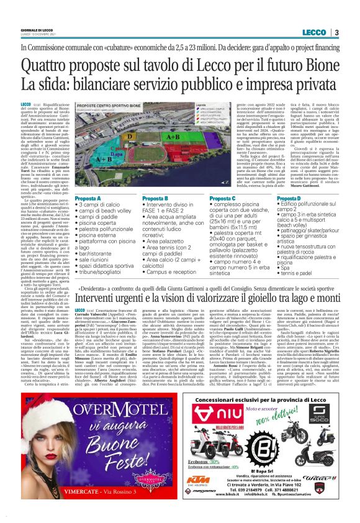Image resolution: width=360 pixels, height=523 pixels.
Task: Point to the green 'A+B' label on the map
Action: pos(174,136)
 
